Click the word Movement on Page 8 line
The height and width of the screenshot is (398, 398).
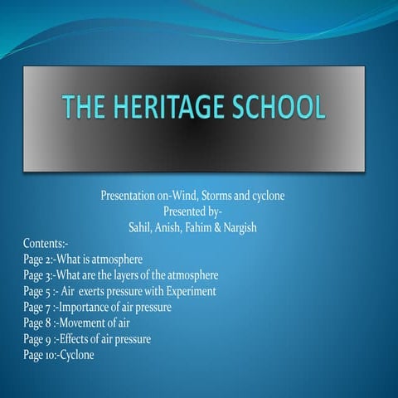click(82, 323)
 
